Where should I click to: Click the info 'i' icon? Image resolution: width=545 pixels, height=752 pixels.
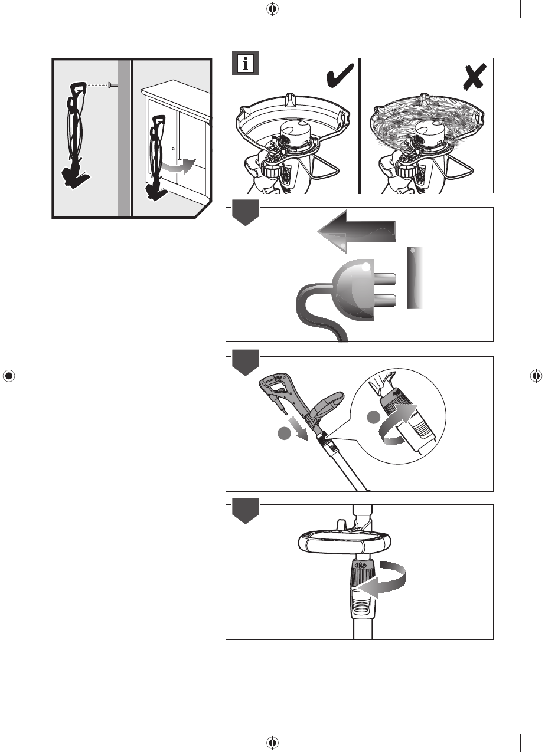coord(245,64)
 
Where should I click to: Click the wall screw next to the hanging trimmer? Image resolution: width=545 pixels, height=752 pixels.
coord(113,86)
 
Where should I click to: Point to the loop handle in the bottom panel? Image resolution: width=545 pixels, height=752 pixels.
coord(344,540)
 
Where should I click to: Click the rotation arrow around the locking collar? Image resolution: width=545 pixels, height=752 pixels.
coord(382,580)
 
